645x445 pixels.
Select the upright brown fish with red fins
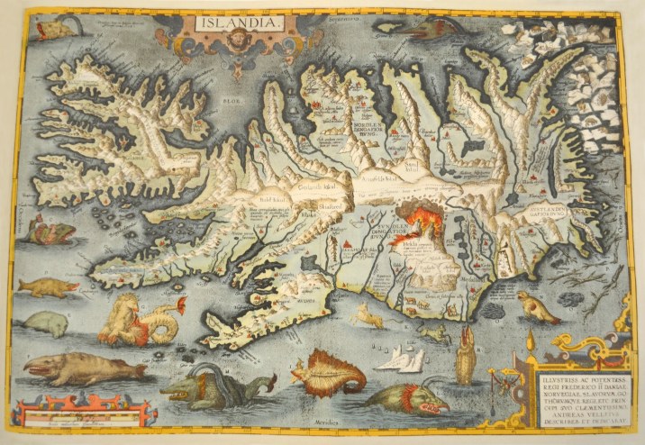[x=465, y=356]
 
